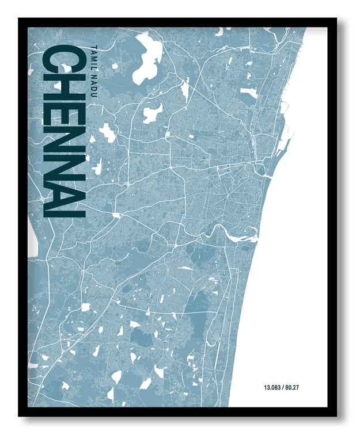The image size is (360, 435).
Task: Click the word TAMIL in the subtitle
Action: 95,57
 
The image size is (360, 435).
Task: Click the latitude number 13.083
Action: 272,387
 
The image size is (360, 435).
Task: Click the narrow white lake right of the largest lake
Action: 185,89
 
